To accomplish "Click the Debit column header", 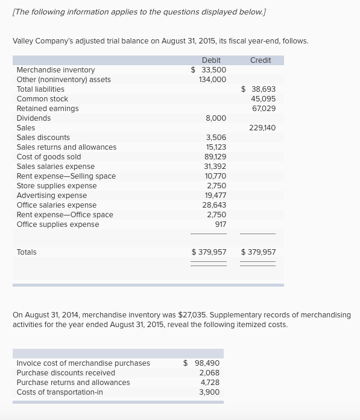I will coord(211,60).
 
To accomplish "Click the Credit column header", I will coord(261,60).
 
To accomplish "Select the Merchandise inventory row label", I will coord(55,70).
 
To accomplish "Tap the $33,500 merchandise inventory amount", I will coord(209,70).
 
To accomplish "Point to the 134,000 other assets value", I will coord(212,80).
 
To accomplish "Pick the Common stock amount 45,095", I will coord(263,99).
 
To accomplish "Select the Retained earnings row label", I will coord(48,109).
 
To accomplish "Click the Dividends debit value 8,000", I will coord(216,118).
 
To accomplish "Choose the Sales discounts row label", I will coord(43,138).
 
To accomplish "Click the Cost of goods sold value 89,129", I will coord(215,157).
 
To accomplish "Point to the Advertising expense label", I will coord(52,196).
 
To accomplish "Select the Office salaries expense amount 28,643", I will coord(214,205).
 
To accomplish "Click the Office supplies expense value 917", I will coord(221,224).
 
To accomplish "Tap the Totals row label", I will coord(27,252).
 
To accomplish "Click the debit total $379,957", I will coord(209,252).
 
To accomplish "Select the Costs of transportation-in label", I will coord(60,392).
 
